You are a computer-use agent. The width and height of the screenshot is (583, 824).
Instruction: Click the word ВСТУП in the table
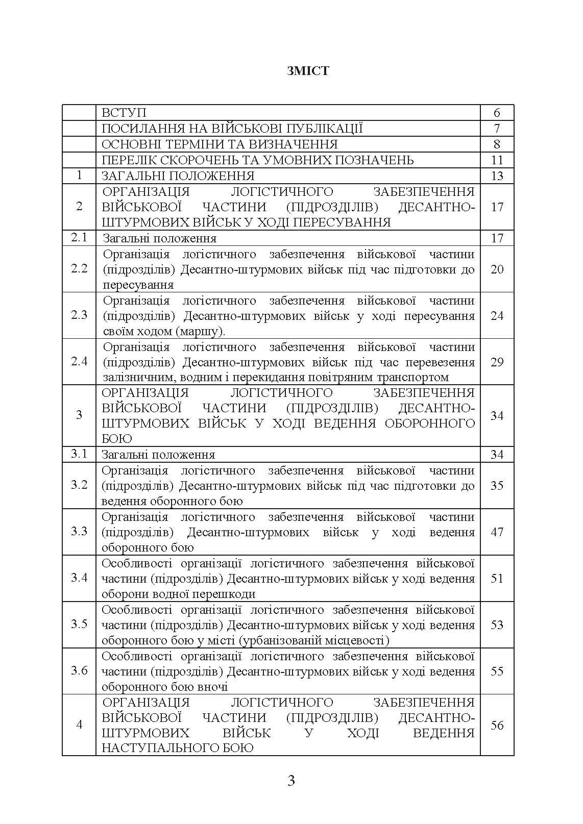[124, 113]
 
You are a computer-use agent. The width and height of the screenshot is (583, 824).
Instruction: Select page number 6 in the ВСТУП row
[497, 113]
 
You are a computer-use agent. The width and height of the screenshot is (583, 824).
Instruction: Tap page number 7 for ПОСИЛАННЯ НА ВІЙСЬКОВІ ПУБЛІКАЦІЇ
[497, 129]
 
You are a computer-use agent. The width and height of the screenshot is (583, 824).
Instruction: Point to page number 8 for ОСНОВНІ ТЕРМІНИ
[497, 144]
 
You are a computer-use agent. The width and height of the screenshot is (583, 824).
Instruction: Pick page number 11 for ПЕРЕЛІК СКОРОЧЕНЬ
[497, 160]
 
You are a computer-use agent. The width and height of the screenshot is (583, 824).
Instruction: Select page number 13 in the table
[497, 176]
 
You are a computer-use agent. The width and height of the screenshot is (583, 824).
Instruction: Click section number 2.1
[79, 238]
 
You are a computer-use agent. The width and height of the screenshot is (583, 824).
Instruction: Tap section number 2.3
[79, 315]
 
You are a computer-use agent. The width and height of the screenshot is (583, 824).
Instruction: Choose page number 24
[497, 316]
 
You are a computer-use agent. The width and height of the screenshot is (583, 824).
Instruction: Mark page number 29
[497, 362]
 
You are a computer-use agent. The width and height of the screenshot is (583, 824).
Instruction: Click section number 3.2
[79, 485]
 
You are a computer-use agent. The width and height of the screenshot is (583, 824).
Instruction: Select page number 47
[497, 532]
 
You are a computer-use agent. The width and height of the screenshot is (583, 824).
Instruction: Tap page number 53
[497, 625]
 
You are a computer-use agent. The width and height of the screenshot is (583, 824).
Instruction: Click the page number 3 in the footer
[291, 781]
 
